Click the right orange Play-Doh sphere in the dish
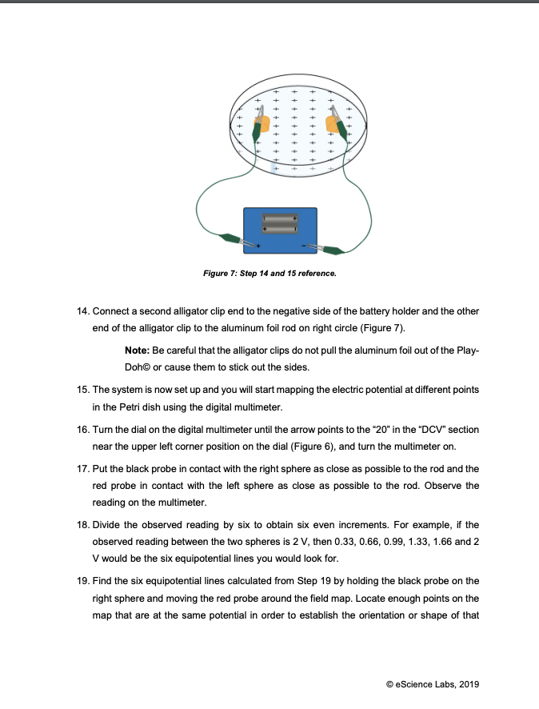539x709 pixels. coord(333,124)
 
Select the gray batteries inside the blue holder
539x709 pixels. coord(281,223)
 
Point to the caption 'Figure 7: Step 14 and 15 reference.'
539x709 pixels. coord(269,273)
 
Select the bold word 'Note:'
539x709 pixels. coord(139,352)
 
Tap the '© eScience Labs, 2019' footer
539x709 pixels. coord(432,683)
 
